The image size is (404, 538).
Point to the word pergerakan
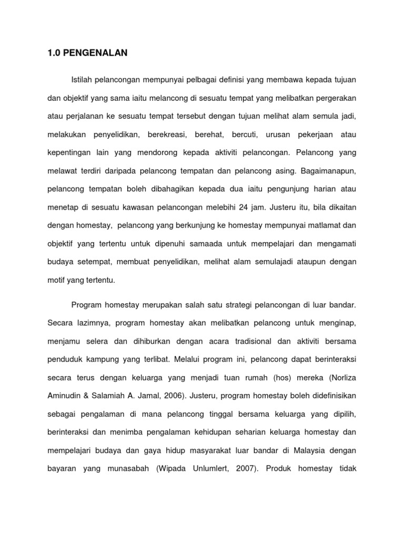click(336, 97)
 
